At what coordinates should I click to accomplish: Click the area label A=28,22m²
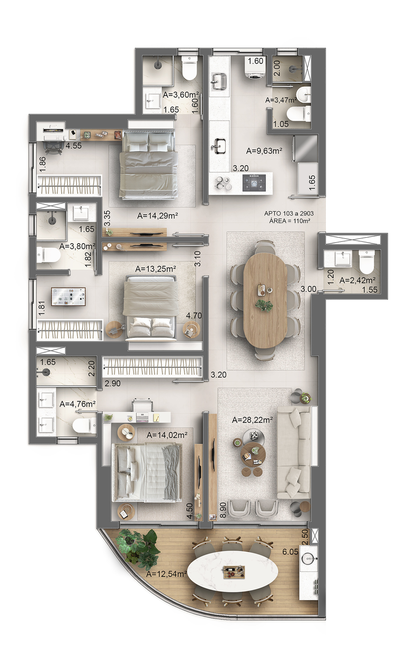click(252, 420)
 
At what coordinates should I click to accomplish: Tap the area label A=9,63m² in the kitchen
click(264, 151)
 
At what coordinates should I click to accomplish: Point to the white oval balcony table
click(233, 571)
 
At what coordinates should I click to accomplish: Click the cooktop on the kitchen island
click(254, 182)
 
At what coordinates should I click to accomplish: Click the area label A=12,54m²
click(166, 574)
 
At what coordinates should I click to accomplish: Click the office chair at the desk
click(53, 148)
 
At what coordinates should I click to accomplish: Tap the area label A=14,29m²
click(158, 216)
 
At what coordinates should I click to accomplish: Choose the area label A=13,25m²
click(156, 269)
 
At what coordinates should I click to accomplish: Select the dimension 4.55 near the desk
click(74, 146)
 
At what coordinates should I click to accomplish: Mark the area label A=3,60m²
click(181, 95)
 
